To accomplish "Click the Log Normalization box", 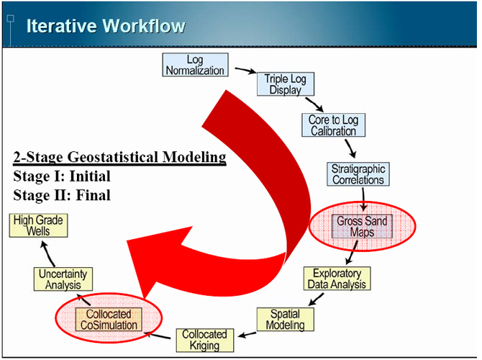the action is click(x=195, y=65).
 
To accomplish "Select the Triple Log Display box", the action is click(x=286, y=84).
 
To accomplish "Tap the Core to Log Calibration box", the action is click(x=334, y=125).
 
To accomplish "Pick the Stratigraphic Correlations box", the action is click(x=358, y=174).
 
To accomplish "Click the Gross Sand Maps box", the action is click(x=362, y=226).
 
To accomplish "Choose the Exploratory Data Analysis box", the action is click(x=337, y=279).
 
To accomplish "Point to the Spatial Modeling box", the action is click(x=286, y=320).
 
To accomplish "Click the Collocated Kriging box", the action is click(x=205, y=340).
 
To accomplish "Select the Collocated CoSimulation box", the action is click(x=109, y=320).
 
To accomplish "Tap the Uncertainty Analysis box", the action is click(x=63, y=279).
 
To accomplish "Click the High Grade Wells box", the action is click(x=38, y=225).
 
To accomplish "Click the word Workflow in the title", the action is click(x=144, y=26).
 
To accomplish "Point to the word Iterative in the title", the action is click(x=61, y=26).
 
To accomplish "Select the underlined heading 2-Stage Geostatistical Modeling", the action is click(x=119, y=157).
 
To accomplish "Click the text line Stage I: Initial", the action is click(x=62, y=176).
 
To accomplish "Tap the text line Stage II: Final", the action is click(x=62, y=195).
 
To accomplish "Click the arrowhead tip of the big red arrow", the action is click(x=127, y=241).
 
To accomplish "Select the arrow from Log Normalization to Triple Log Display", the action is click(x=245, y=71).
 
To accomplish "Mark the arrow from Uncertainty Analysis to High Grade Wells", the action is click(x=47, y=253).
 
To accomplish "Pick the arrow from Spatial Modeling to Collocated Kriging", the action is click(x=247, y=335).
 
